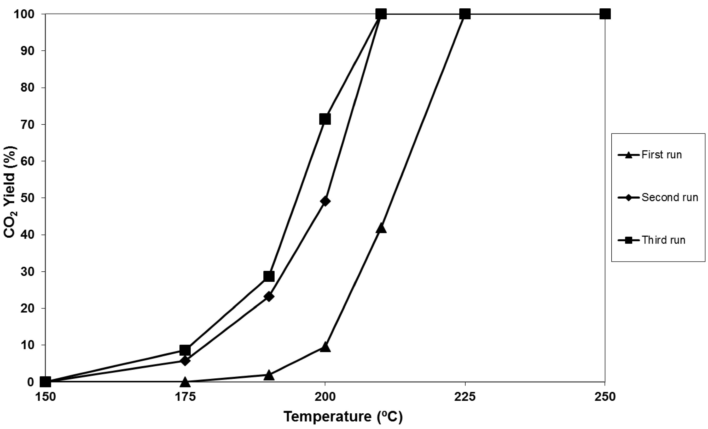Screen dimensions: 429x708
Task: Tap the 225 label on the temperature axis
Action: pos(465,397)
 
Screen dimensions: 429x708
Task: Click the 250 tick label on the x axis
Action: pos(605,397)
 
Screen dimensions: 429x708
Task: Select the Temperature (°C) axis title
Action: pos(343,417)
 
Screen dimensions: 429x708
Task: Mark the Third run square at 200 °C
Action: pos(325,119)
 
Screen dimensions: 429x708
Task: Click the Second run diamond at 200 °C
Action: pos(325,201)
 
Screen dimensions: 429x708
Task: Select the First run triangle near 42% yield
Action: pos(381,228)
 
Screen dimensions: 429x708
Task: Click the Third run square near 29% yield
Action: pos(269,276)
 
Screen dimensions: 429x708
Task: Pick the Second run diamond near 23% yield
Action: pos(269,296)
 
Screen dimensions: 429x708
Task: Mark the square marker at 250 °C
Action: pos(605,14)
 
